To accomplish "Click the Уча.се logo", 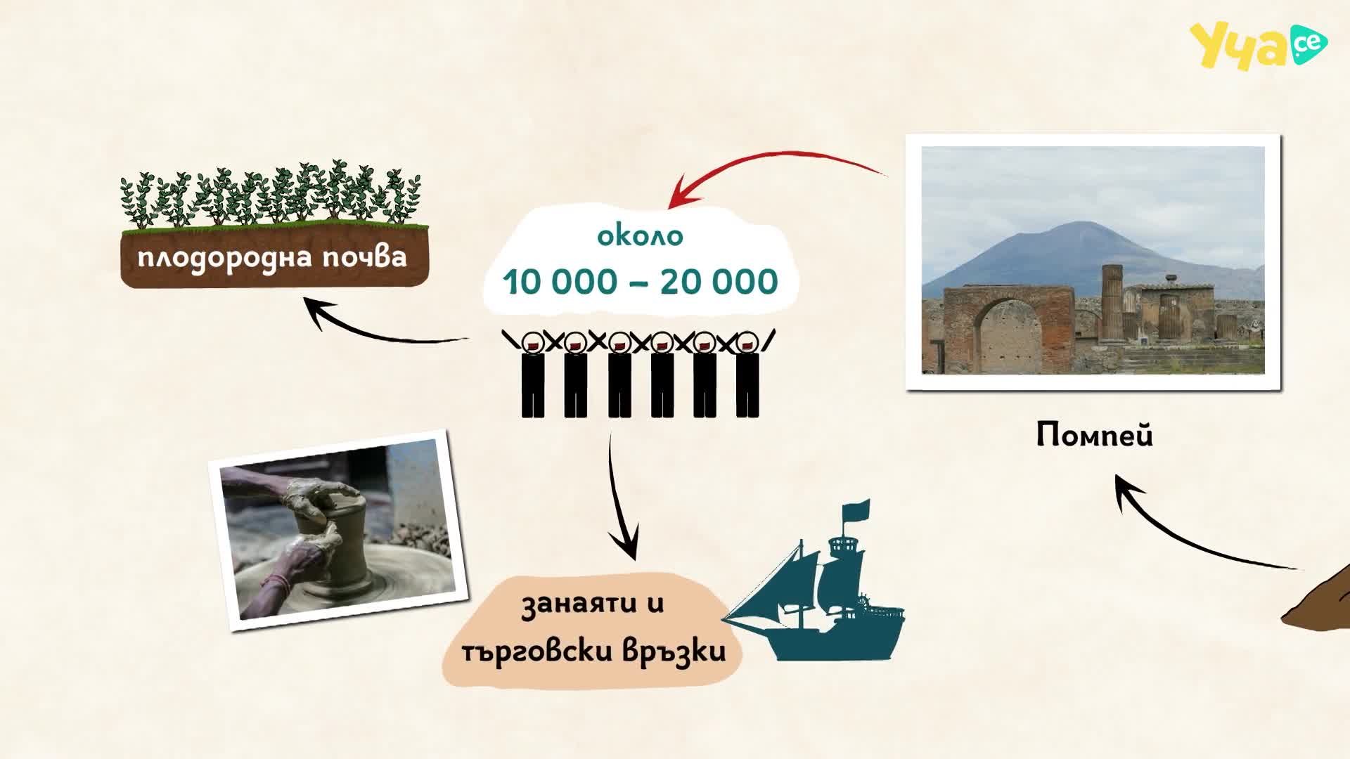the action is click(1258, 46).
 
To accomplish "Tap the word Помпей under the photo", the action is click(1095, 436).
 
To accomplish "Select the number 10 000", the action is click(560, 282).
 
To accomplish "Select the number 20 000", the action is click(719, 282).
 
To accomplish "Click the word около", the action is click(640, 235).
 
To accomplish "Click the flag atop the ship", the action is click(856, 510).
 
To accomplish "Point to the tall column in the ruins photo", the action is click(1112, 302).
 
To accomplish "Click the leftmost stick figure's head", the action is click(532, 342).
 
